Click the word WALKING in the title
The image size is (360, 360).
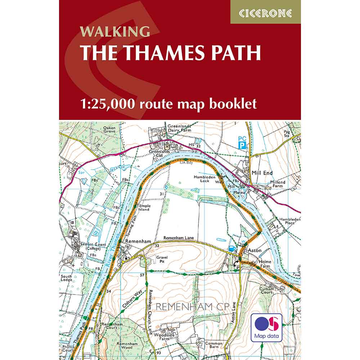115,32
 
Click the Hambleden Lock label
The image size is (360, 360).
201,179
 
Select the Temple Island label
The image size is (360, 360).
144,208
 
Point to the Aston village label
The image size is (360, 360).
254,250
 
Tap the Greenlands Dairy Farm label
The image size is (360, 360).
179,129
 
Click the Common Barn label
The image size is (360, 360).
214,345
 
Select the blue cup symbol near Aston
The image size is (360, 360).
231,249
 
